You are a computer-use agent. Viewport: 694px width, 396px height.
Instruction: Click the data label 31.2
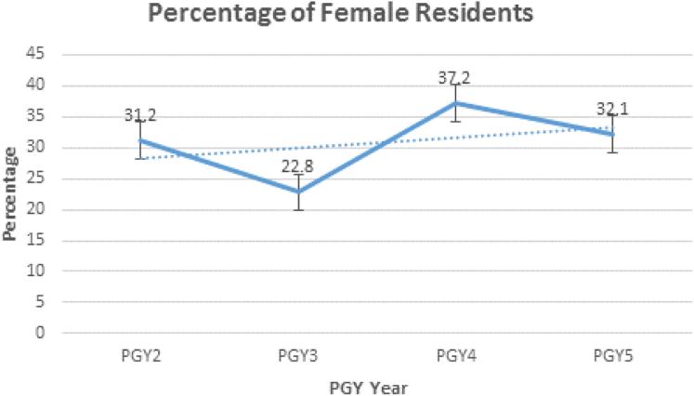pyautogui.click(x=140, y=116)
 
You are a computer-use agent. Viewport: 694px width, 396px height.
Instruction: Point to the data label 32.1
pyautogui.click(x=613, y=110)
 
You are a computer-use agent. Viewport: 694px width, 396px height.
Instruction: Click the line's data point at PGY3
pyautogui.click(x=297, y=191)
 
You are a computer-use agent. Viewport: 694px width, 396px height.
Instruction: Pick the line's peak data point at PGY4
pyautogui.click(x=455, y=102)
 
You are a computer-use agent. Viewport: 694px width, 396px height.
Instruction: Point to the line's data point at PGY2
pyautogui.click(x=140, y=139)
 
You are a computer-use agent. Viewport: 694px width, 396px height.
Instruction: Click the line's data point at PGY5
pyautogui.click(x=612, y=134)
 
